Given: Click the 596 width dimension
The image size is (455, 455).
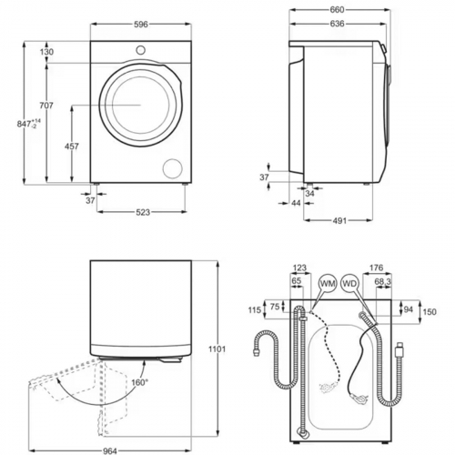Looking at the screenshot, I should coord(141,25).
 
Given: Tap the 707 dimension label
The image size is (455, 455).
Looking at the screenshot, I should coord(46,106).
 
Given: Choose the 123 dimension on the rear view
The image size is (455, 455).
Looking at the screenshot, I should coord(301,268).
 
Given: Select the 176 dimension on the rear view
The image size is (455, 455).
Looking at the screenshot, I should coord(376,268).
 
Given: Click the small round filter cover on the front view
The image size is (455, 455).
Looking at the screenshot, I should coord(171,167).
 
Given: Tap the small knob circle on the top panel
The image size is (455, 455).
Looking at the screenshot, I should coord(141,48).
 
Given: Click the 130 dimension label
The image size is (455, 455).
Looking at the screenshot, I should coord(46,53).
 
